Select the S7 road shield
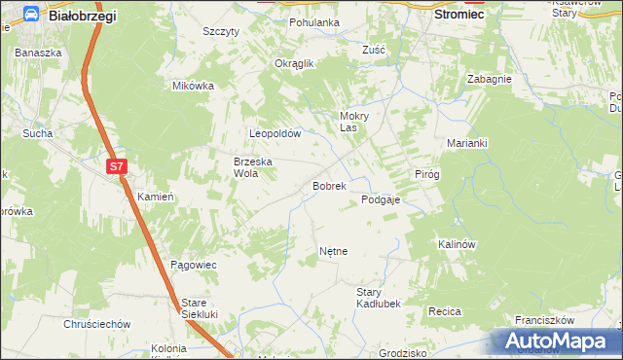coord(117,166)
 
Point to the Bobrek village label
coord(329,185)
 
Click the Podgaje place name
coord(382,199)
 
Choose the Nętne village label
coord(333,251)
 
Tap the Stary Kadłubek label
coord(379,298)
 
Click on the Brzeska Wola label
coord(251,167)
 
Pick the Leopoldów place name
coord(277,133)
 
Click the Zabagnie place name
coord(489,80)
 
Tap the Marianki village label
coord(466,142)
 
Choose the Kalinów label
coord(457,244)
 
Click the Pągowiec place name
coord(193,265)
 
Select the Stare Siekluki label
coord(198,308)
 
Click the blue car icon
coord(31,15)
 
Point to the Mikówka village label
coord(193,86)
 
